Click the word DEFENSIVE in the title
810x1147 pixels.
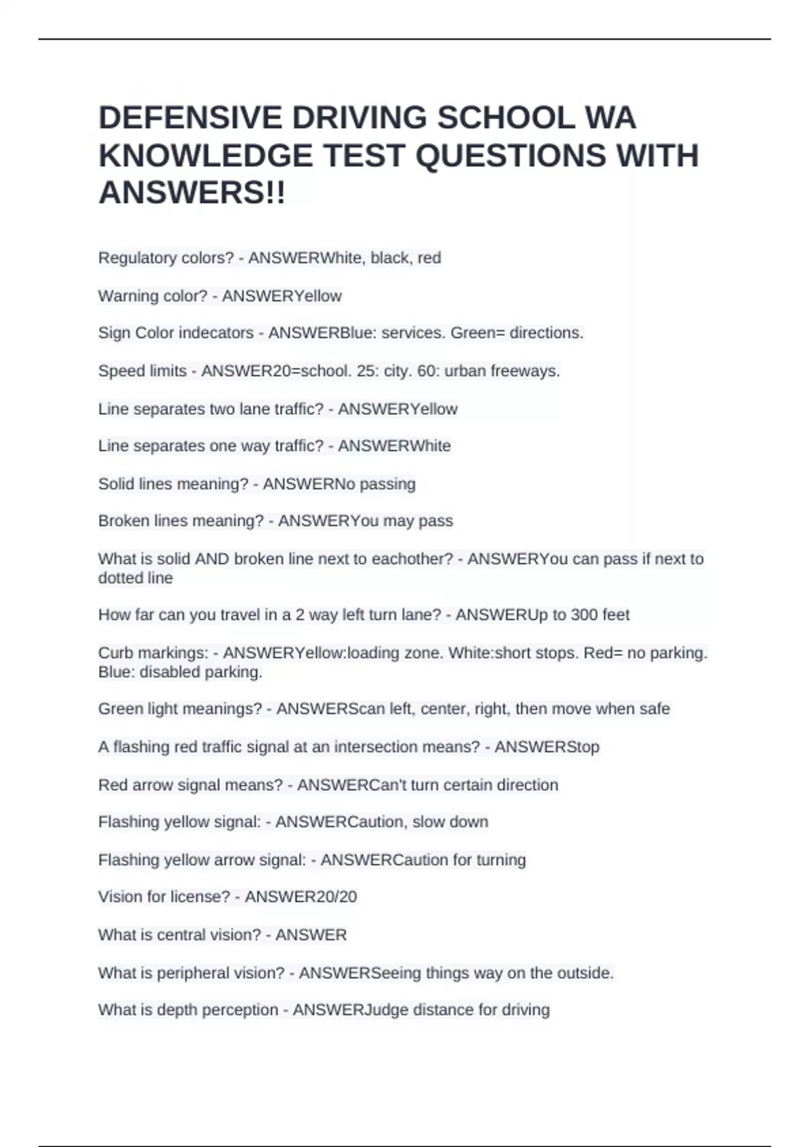point(190,118)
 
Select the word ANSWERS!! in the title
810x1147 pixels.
point(192,194)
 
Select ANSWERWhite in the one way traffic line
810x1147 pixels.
point(394,446)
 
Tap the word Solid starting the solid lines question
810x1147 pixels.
point(115,484)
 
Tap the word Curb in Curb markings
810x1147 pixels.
point(115,653)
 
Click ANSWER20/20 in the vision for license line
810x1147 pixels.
point(300,897)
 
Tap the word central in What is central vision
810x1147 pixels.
point(184,934)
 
